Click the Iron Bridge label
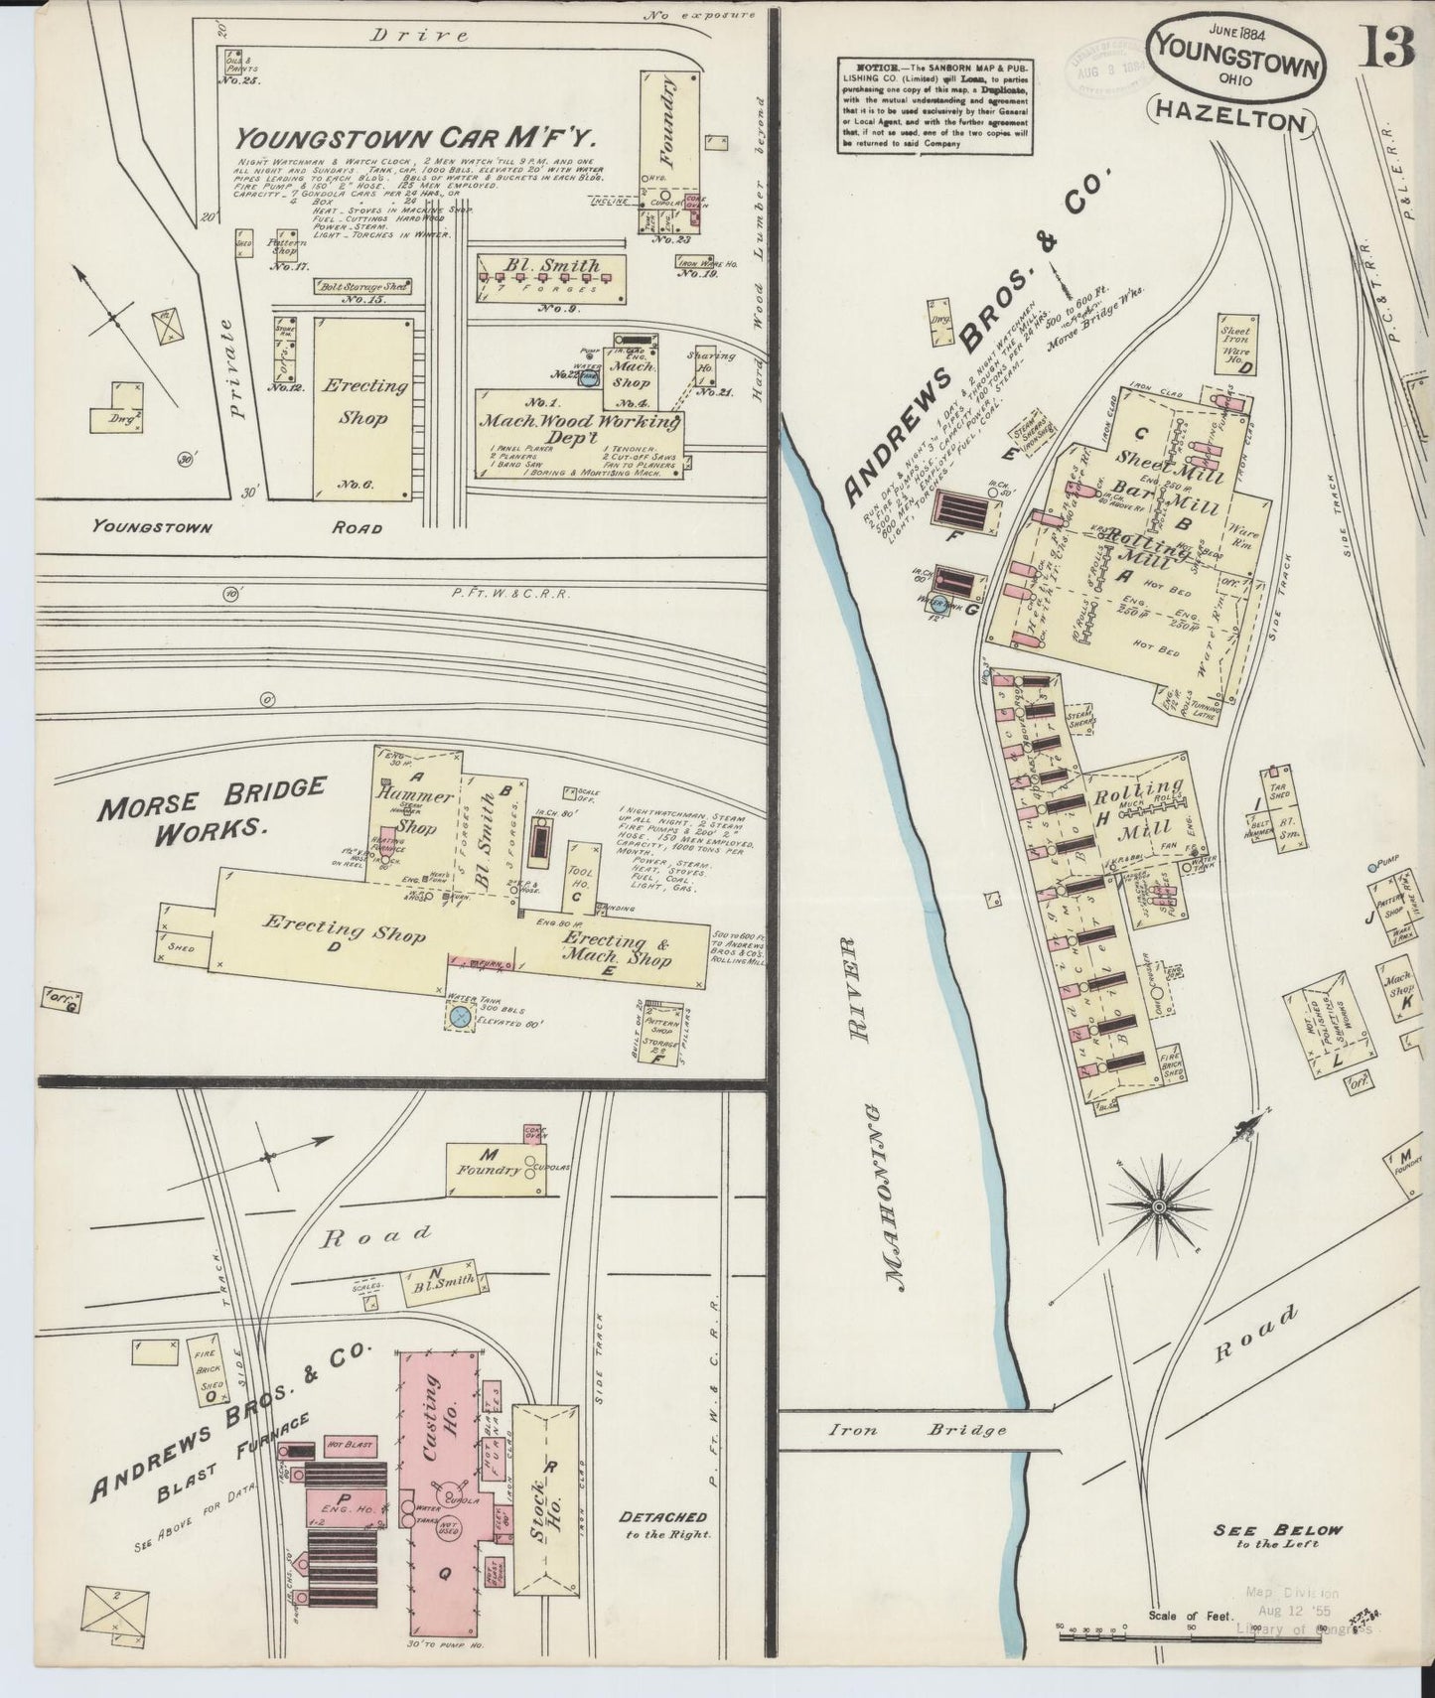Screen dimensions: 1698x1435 coord(917,1430)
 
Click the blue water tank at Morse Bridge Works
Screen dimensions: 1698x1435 coord(459,1016)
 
